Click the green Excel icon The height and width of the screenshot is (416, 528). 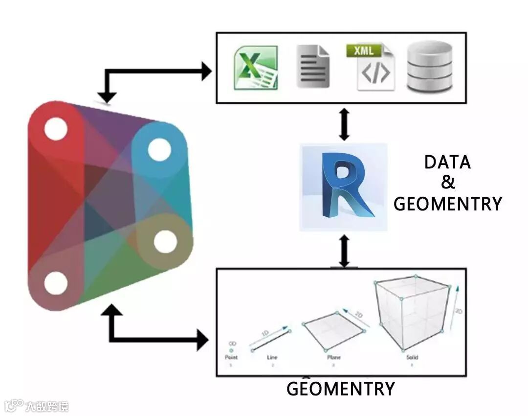(256, 68)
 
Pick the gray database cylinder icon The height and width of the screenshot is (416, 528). (430, 67)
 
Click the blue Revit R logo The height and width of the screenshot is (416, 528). (344, 186)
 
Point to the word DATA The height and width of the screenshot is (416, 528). (447, 162)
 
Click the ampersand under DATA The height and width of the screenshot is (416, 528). (448, 183)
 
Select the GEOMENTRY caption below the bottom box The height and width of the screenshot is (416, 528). (340, 389)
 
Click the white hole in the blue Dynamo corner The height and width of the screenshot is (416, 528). (159, 150)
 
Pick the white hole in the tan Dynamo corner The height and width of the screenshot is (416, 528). (165, 241)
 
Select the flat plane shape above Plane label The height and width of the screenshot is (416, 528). (334, 329)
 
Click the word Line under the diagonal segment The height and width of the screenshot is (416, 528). (272, 358)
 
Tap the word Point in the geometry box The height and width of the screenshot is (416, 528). (231, 358)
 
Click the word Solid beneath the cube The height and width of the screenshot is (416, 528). (412, 358)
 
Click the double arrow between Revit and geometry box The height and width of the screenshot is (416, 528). (344, 251)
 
